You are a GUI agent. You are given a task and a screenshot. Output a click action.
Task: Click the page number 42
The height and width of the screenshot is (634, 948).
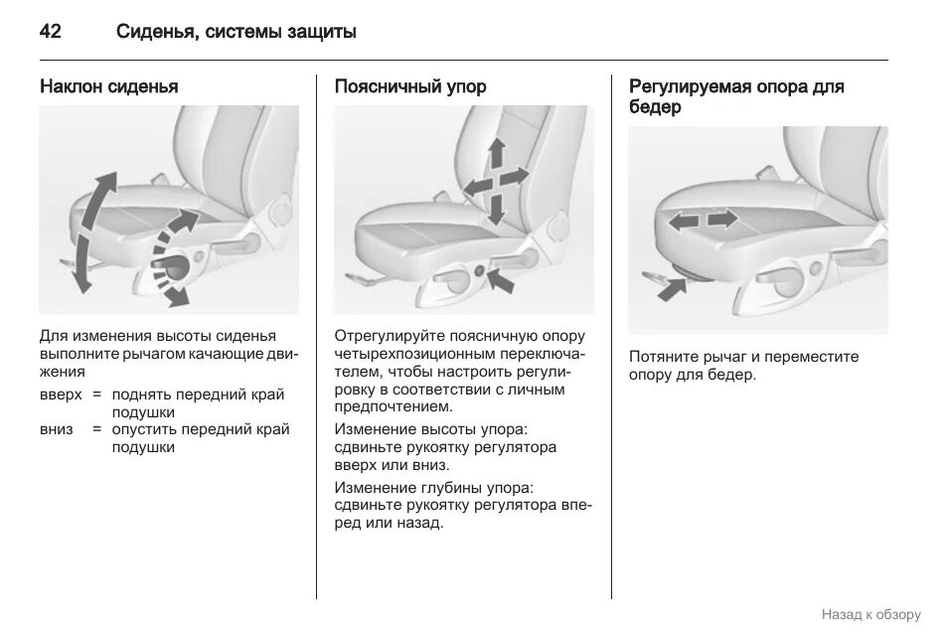[x=50, y=32]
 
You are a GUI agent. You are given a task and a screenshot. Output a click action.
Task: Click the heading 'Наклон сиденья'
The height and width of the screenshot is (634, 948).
[x=108, y=86]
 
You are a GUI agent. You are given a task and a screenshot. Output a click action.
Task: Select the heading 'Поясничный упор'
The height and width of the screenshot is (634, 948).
[x=409, y=86]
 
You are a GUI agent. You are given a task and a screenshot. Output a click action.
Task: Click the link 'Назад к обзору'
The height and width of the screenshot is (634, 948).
[x=870, y=614]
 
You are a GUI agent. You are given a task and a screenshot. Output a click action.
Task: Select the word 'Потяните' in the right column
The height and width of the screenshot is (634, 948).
[x=660, y=357]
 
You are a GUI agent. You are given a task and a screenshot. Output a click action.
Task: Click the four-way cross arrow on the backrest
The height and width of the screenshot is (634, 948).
[x=495, y=179]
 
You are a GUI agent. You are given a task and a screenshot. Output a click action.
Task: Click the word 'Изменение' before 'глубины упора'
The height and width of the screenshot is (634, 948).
[x=370, y=488]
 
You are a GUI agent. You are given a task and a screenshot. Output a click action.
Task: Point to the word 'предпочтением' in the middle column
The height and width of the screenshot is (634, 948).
[x=392, y=406]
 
